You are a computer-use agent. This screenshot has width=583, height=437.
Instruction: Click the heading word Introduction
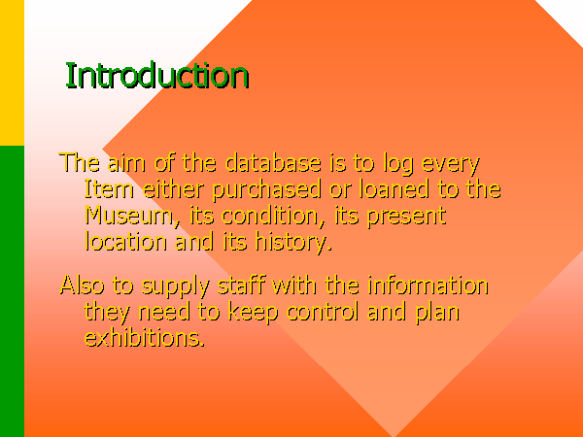pyautogui.click(x=157, y=76)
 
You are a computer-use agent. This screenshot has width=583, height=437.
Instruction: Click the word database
pyautogui.click(x=273, y=163)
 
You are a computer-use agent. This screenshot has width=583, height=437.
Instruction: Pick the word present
pyautogui.click(x=407, y=217)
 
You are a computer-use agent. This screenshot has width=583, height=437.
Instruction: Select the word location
pyautogui.click(x=126, y=242)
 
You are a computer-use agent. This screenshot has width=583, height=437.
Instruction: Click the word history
pyautogui.click(x=293, y=243)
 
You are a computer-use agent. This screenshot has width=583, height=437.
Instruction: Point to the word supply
pyautogui.click(x=176, y=287)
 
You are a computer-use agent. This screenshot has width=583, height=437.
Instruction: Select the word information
pyautogui.click(x=428, y=286)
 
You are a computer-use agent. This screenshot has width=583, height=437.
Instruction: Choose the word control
pyautogui.click(x=323, y=312)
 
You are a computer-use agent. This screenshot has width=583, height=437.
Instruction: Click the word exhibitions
pyautogui.click(x=145, y=337)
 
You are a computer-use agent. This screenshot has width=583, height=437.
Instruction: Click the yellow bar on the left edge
pyautogui.click(x=12, y=73)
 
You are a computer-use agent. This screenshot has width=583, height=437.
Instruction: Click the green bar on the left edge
pyautogui.click(x=12, y=291)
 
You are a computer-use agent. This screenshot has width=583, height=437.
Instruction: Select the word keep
pyautogui.click(x=253, y=313)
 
